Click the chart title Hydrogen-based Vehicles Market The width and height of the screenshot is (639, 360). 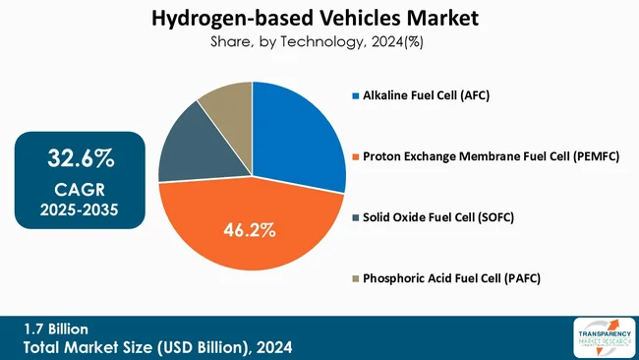tap(319, 18)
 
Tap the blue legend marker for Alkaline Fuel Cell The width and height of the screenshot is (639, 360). tap(356, 96)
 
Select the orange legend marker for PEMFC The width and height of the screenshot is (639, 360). tap(356, 157)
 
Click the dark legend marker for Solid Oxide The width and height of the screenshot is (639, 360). tap(356, 218)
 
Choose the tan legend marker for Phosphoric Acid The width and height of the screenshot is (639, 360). tap(356, 278)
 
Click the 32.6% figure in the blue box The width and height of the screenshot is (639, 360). tap(81, 157)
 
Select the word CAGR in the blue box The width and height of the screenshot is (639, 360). tap(81, 189)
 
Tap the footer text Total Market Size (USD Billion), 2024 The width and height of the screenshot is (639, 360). tap(158, 347)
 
